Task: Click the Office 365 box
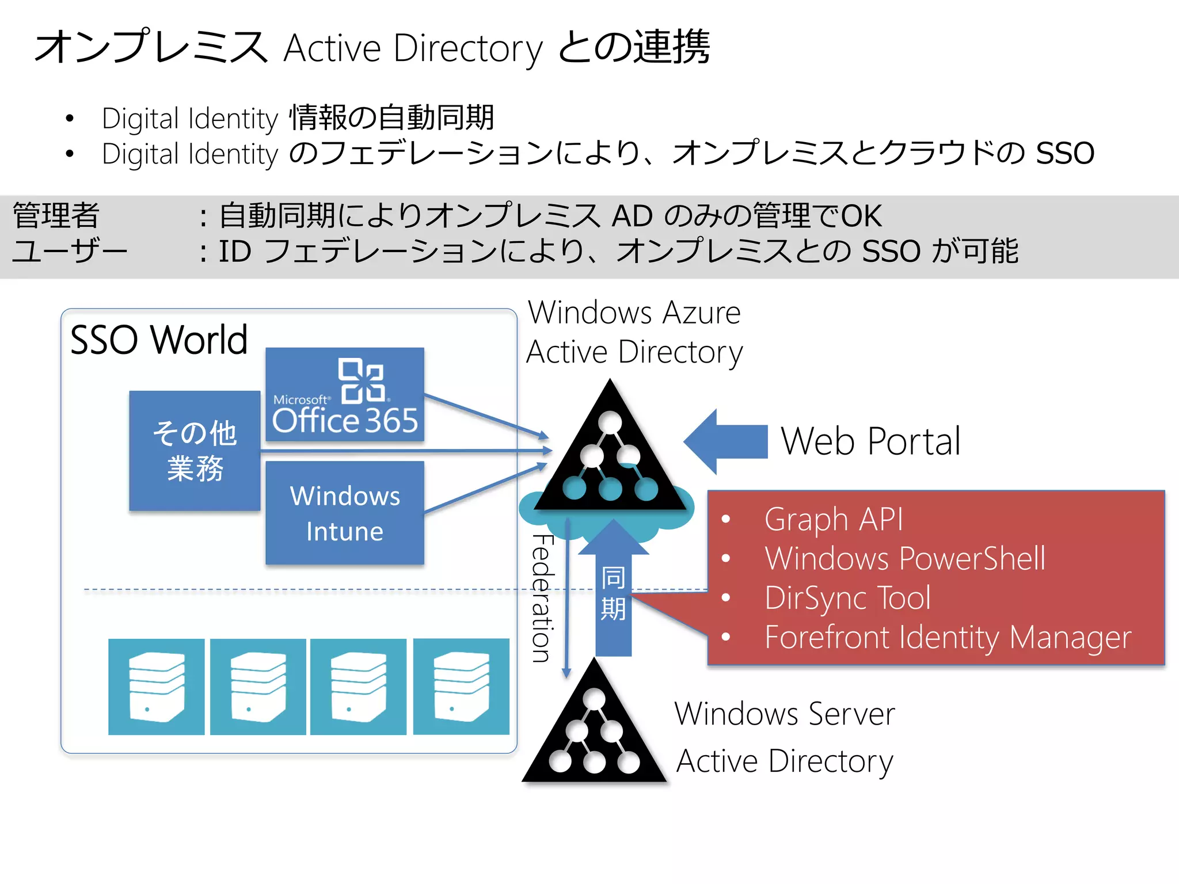(344, 394)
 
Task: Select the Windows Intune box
(344, 513)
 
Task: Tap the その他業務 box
(195, 451)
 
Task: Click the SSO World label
(159, 340)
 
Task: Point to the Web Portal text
(870, 441)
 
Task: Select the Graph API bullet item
(833, 519)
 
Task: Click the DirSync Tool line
(847, 597)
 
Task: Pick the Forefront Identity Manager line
(947, 637)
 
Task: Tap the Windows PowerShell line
(904, 558)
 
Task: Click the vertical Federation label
(542, 599)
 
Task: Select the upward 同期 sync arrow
(613, 593)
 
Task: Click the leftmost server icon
(156, 687)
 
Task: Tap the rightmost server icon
(461, 687)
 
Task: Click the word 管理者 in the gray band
(56, 216)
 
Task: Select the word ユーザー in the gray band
(69, 252)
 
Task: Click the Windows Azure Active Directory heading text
(634, 332)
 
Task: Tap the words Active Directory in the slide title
(413, 48)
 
